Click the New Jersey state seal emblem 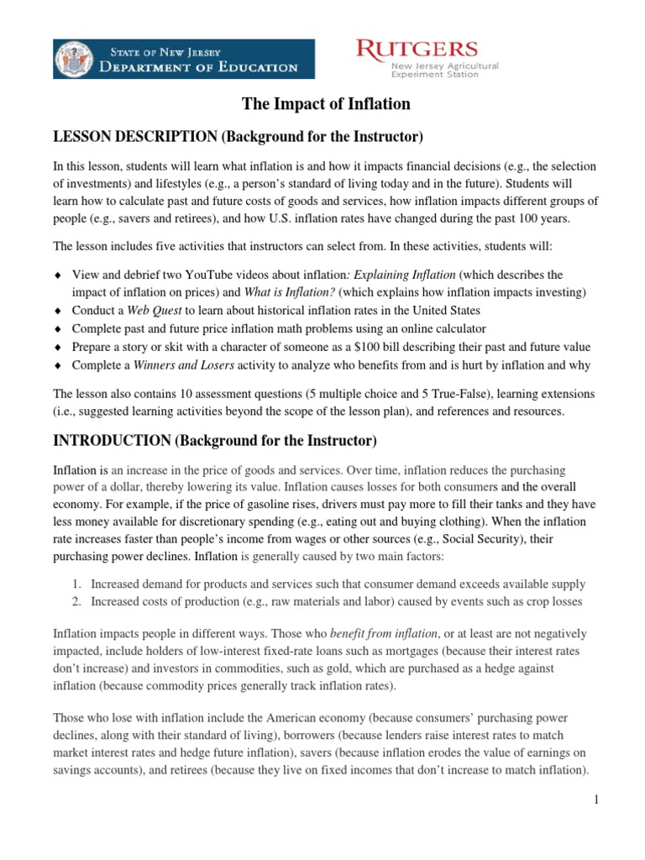[74, 59]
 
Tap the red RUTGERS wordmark [417, 50]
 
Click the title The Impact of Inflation [326, 104]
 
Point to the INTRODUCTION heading [215, 440]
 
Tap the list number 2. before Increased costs [76, 601]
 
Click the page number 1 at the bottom [595, 800]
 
